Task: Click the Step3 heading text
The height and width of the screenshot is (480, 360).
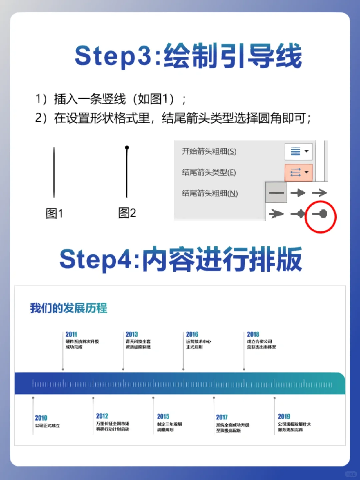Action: pyautogui.click(x=188, y=56)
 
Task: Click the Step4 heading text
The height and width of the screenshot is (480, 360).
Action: pyautogui.click(x=180, y=259)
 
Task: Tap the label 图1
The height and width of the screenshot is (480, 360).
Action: pyautogui.click(x=54, y=213)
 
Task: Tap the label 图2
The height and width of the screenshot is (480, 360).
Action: pyautogui.click(x=127, y=213)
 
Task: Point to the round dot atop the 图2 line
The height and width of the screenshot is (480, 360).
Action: pyautogui.click(x=127, y=147)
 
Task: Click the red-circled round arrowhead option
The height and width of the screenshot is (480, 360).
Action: pyautogui.click(x=320, y=214)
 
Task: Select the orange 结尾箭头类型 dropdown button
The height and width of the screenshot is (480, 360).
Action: pyautogui.click(x=299, y=172)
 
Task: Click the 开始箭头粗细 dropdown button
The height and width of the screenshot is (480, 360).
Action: pyautogui.click(x=298, y=151)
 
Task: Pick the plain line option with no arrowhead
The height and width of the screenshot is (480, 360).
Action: pyautogui.click(x=276, y=193)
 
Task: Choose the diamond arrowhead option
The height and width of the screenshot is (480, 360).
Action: pyautogui.click(x=298, y=214)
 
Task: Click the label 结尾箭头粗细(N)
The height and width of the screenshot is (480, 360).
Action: pyautogui.click(x=210, y=193)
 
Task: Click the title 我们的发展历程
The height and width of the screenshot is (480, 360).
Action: pyautogui.click(x=69, y=308)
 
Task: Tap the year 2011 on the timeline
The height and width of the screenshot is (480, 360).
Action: pyautogui.click(x=71, y=334)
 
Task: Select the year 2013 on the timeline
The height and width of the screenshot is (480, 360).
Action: pyautogui.click(x=132, y=334)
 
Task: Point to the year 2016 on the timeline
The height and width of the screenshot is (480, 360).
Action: pyautogui.click(x=192, y=334)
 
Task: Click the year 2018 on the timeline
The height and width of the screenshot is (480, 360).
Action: pyautogui.click(x=253, y=334)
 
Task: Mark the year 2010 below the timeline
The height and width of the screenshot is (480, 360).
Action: pyautogui.click(x=41, y=418)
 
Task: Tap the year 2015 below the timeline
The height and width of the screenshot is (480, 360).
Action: pyautogui.click(x=163, y=417)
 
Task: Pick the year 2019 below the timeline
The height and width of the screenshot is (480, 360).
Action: pyautogui.click(x=284, y=417)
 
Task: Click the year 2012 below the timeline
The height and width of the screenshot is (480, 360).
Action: pyautogui.click(x=102, y=416)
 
